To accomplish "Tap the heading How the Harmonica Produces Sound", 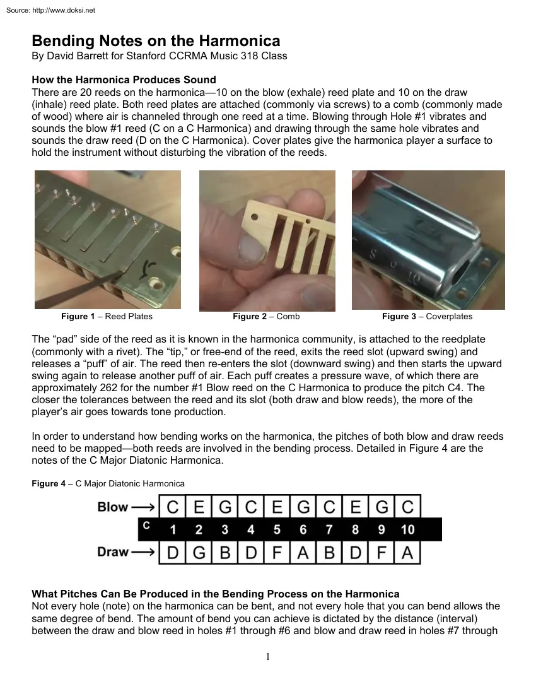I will [124, 80].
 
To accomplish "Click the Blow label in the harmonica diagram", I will [113, 507].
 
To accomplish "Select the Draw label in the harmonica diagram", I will [113, 552].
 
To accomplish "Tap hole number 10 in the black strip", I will [407, 529].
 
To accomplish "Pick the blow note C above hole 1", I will [173, 507].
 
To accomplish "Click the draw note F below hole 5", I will [277, 553].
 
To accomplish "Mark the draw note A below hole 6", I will [303, 553].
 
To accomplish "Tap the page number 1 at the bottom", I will [267, 657].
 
